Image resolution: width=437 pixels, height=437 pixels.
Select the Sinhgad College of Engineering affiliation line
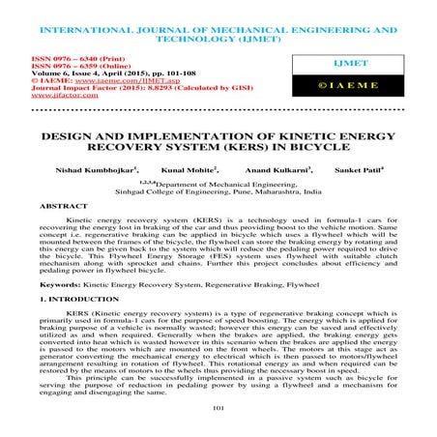pyautogui.click(x=218, y=192)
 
